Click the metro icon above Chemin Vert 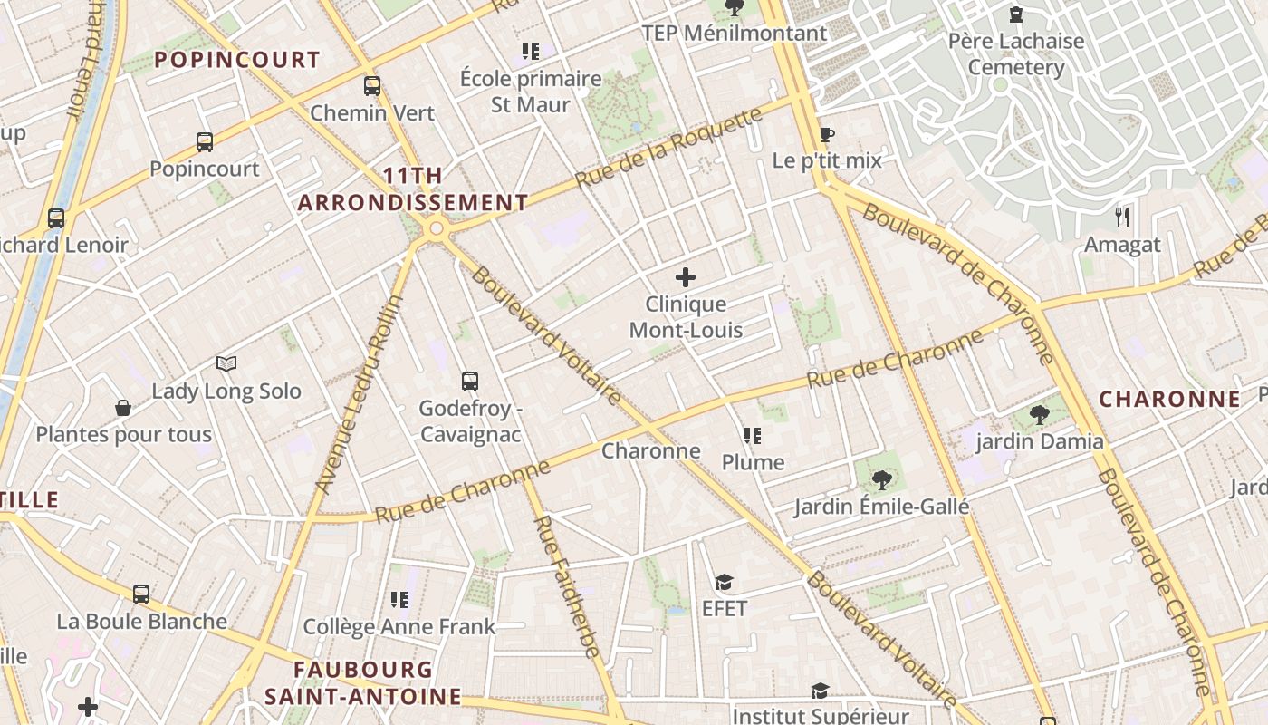(x=372, y=86)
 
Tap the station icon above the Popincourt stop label (x=205, y=142)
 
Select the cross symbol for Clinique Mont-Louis (x=686, y=277)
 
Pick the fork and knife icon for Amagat (x=1122, y=217)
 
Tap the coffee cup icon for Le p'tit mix (x=826, y=135)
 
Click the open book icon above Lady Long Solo (x=226, y=364)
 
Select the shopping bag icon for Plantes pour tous (x=123, y=408)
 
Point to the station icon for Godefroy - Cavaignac (x=469, y=381)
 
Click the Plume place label (x=753, y=462)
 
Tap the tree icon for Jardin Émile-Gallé (x=880, y=479)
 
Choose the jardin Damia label (x=1039, y=442)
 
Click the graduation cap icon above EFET (x=724, y=582)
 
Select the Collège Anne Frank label (x=399, y=626)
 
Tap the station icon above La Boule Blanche (x=141, y=594)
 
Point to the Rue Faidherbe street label (x=566, y=585)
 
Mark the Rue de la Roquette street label (x=669, y=150)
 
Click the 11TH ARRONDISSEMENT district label (x=413, y=188)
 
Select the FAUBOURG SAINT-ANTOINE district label (x=362, y=682)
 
